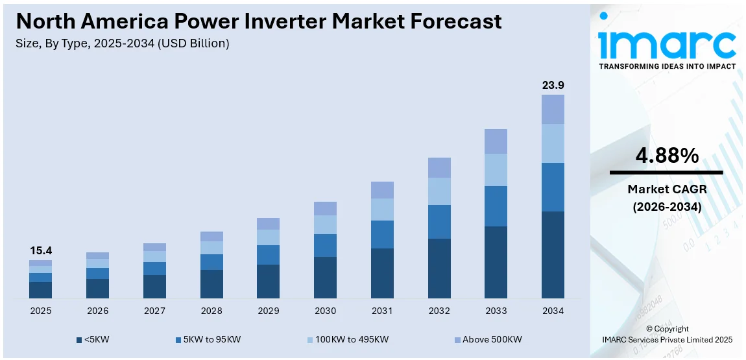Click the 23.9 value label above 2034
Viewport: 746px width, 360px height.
pos(553,85)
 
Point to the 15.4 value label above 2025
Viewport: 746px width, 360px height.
pos(40,250)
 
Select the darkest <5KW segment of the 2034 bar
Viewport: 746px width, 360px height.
pos(553,254)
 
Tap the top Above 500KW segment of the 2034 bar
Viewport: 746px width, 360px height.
pos(553,109)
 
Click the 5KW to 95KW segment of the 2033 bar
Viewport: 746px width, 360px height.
pos(496,206)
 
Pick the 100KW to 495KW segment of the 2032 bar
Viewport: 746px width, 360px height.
pos(439,191)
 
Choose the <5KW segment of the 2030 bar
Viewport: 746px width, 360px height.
pos(325,277)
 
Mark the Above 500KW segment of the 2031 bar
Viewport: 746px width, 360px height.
pos(382,189)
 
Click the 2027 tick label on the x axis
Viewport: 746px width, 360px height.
pos(154,311)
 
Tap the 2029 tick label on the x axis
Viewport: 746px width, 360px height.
pos(268,311)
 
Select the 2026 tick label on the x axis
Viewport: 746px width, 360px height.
pos(97,311)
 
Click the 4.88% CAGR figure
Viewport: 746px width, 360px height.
pos(666,156)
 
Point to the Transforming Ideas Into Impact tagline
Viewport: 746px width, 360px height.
pos(667,66)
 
